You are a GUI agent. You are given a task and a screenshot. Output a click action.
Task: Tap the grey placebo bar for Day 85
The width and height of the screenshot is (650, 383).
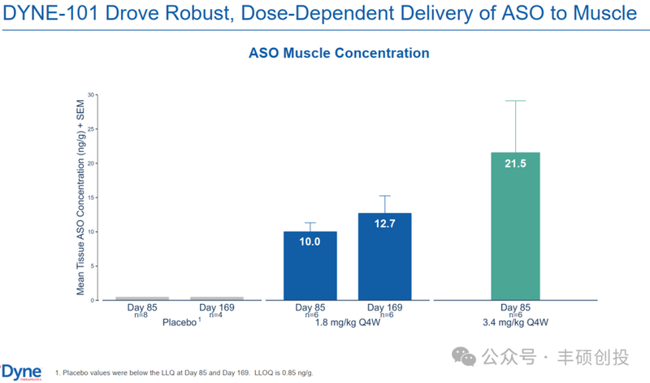coord(141,298)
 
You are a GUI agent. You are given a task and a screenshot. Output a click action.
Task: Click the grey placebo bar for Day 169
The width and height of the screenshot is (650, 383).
coord(216,298)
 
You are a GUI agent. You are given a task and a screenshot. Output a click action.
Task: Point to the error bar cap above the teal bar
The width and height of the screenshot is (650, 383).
coord(516,101)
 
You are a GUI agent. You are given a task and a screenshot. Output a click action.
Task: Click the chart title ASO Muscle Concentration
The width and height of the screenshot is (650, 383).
coord(339,53)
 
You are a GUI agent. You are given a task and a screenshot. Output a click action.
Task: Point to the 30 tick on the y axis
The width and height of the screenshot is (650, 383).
coord(93,94)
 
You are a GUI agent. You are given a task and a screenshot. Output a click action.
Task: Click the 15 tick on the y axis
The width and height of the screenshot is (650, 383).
coord(93,198)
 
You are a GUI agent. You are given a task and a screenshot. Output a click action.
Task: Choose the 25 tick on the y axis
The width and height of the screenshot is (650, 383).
coord(93,128)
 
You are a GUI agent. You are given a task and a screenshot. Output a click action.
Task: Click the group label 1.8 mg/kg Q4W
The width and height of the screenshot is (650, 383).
coord(347,323)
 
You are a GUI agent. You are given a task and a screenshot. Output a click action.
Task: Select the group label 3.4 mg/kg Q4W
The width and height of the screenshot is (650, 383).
coord(516,323)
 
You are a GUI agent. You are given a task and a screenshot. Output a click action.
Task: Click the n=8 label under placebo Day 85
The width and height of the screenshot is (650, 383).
coord(141,315)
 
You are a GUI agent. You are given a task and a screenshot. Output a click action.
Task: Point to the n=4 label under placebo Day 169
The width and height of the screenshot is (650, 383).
coord(216,315)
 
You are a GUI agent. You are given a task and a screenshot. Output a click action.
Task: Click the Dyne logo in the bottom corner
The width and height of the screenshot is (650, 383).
coord(21,371)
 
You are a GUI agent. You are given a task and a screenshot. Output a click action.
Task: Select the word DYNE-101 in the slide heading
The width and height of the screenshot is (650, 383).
coord(47,14)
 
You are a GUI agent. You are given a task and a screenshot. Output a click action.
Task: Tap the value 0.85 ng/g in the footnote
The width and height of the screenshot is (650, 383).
coord(294,372)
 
